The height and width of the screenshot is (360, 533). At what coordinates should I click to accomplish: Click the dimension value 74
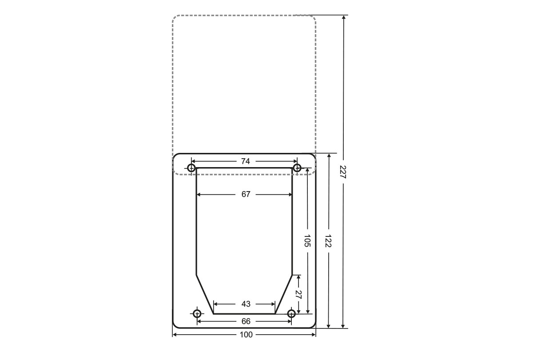245,161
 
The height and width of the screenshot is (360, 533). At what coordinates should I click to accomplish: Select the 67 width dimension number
246,194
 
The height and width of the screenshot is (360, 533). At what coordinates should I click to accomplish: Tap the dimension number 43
246,304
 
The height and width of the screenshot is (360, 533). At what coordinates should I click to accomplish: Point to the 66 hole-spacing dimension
246,321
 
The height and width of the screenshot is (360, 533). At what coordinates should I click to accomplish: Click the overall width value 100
246,335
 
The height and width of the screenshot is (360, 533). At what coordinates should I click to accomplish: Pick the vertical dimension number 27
298,295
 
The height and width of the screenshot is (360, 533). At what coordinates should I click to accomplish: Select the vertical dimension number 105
307,240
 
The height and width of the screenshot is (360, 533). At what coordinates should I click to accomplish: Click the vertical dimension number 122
328,241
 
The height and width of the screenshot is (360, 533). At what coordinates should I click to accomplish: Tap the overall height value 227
343,172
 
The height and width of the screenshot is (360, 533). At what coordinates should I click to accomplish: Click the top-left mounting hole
191,168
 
